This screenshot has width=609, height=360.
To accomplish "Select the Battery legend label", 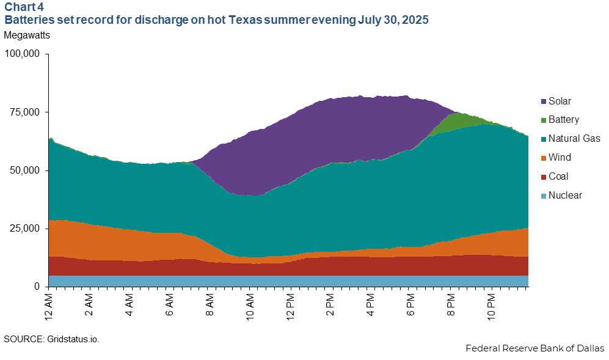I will coord(563,120).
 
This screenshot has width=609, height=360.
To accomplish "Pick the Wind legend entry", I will coord(558,158).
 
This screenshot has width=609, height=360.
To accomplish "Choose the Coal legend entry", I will coord(558,177).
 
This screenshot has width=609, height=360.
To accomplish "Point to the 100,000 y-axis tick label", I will coord(22,54).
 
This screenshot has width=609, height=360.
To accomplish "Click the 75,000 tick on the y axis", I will coord(25,112).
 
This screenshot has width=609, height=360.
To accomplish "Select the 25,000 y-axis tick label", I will coord(25,229).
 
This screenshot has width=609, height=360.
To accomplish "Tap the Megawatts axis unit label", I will coord(27,35).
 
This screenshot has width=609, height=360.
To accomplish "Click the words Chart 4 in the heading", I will coord(20,8).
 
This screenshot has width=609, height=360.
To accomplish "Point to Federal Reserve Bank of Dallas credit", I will coord(534,348).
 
